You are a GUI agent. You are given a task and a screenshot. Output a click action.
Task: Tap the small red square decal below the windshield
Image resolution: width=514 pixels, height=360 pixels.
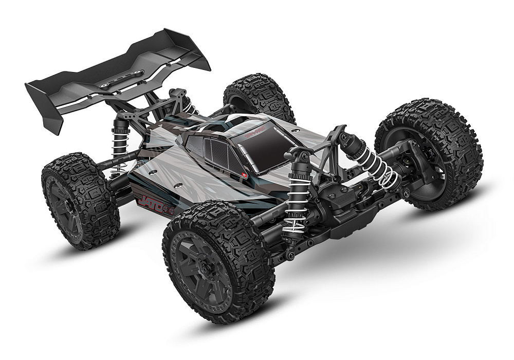click(244, 175)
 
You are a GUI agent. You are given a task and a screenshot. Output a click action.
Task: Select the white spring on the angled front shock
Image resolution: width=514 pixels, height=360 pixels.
click(377, 165)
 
